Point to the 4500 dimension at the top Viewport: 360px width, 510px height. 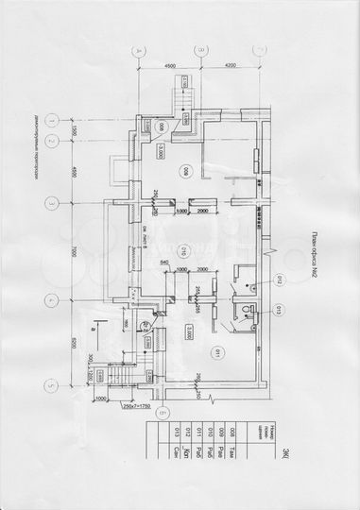pos(170,67)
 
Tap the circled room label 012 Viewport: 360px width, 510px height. pos(279,279)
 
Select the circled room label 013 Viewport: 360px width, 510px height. pos(279,308)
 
